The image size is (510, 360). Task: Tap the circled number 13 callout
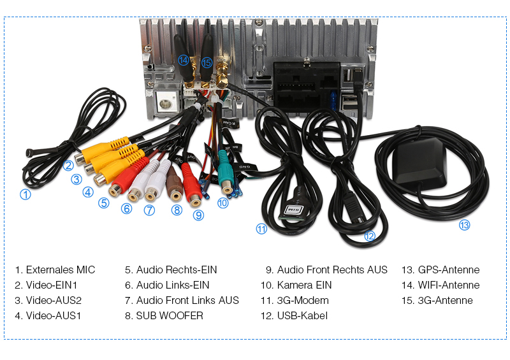464,224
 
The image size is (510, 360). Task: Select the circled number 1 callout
25,195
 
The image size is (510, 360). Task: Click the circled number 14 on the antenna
184,60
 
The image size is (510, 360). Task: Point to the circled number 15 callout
207,62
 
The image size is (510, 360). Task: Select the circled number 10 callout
222,203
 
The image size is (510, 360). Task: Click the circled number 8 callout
177,210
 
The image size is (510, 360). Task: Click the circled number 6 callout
127,208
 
